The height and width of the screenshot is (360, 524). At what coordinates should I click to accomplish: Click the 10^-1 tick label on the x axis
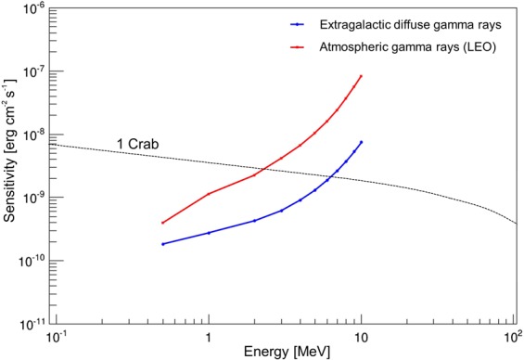[x=58, y=335]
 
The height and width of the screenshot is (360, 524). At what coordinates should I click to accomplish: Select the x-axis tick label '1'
[x=209, y=335]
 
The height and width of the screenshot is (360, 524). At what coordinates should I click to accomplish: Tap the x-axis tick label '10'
[x=361, y=335]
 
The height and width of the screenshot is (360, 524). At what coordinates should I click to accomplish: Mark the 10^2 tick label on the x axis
[x=512, y=335]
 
